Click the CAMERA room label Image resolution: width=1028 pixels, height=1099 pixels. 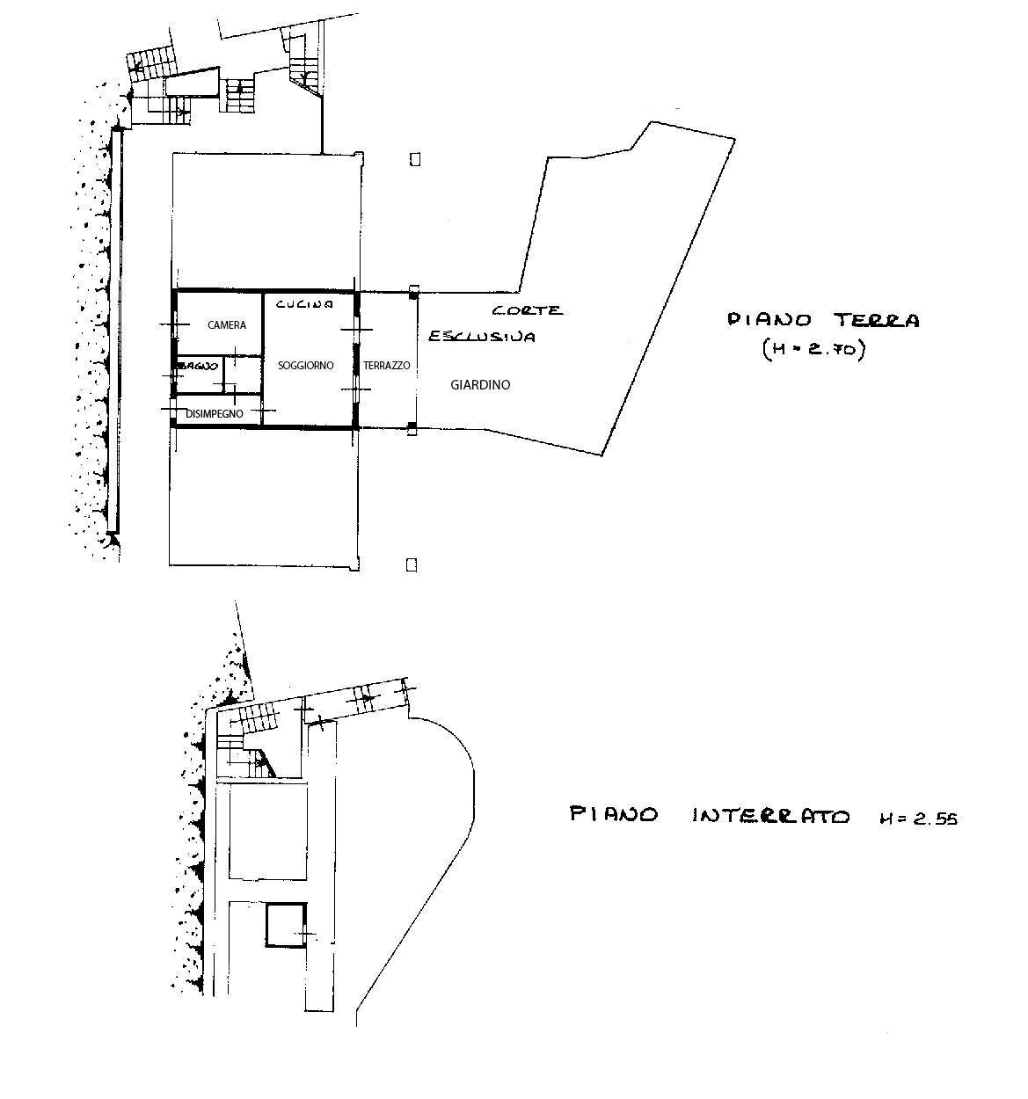(227, 325)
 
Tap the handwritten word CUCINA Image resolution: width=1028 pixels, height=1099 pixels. (304, 304)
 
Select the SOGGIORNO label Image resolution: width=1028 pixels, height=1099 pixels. (305, 365)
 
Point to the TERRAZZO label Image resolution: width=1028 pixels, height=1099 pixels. (387, 365)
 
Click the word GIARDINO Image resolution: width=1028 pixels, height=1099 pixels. (480, 384)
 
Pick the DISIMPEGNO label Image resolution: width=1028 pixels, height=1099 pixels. (214, 413)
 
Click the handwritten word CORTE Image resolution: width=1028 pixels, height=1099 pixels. (527, 310)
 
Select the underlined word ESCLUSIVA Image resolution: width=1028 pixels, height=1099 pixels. (481, 337)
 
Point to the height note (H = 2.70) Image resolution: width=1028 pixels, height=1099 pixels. (813, 350)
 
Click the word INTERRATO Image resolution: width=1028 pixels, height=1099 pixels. (771, 816)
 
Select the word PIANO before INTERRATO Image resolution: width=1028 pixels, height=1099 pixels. (614, 814)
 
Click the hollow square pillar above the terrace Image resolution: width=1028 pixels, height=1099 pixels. (414, 159)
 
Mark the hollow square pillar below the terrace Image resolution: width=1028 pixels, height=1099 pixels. (411, 564)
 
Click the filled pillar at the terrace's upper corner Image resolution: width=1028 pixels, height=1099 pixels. (413, 292)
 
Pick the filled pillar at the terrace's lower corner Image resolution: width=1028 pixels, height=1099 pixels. (412, 429)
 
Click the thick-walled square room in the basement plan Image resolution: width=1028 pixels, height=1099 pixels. (286, 925)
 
